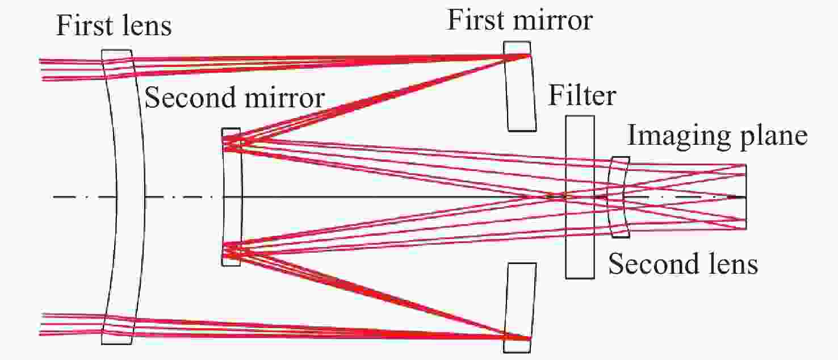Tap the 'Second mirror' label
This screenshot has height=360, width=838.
pyautogui.click(x=234, y=98)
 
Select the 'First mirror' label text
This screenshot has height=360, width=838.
pyautogui.click(x=519, y=20)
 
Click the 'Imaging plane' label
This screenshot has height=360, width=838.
pyautogui.click(x=717, y=137)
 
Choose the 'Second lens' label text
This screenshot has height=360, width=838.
pyautogui.click(x=683, y=265)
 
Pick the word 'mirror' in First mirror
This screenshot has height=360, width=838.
pyautogui.click(x=559, y=20)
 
